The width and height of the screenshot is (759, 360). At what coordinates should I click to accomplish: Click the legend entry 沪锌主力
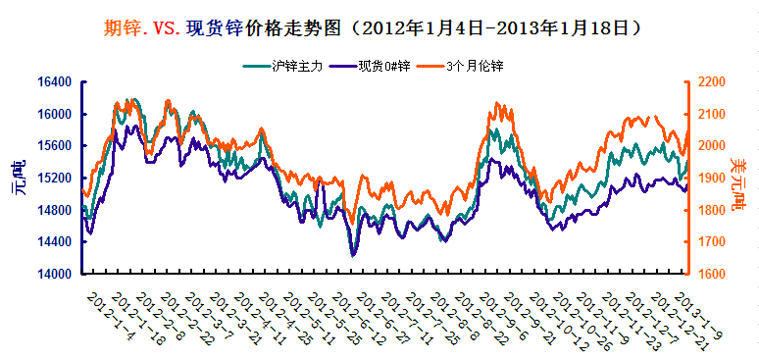(x=294, y=66)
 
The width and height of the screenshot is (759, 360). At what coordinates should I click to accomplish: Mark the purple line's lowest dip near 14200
(x=353, y=255)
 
